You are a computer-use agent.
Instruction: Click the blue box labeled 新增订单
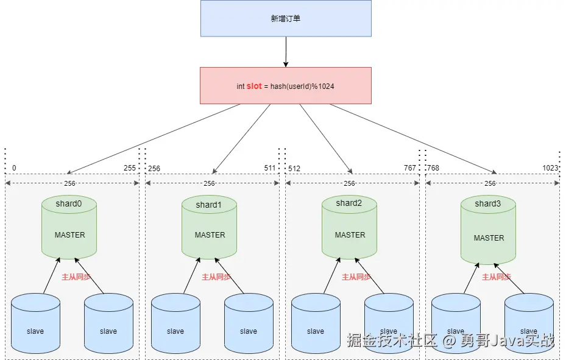286,18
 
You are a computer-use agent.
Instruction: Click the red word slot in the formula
254,86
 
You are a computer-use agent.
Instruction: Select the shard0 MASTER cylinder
69,227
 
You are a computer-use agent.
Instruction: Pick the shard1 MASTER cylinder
210,227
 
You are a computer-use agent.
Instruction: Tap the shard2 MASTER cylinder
350,227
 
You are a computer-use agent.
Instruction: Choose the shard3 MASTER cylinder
489,230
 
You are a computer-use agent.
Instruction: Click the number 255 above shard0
130,168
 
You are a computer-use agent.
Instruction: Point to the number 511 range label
270,168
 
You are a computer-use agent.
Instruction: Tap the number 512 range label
294,169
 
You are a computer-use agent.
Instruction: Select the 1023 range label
551,168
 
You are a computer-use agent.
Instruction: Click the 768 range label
433,168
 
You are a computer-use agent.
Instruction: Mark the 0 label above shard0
14,168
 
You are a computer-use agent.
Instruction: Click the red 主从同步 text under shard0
76,277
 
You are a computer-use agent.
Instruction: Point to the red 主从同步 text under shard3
497,277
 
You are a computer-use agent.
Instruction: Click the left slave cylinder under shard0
35,323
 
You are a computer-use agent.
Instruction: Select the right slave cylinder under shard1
249,323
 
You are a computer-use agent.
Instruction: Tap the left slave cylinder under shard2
316,323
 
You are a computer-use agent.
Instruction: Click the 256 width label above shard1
210,183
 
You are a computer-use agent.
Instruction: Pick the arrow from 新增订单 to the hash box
286,52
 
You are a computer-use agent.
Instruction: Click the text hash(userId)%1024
302,86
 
